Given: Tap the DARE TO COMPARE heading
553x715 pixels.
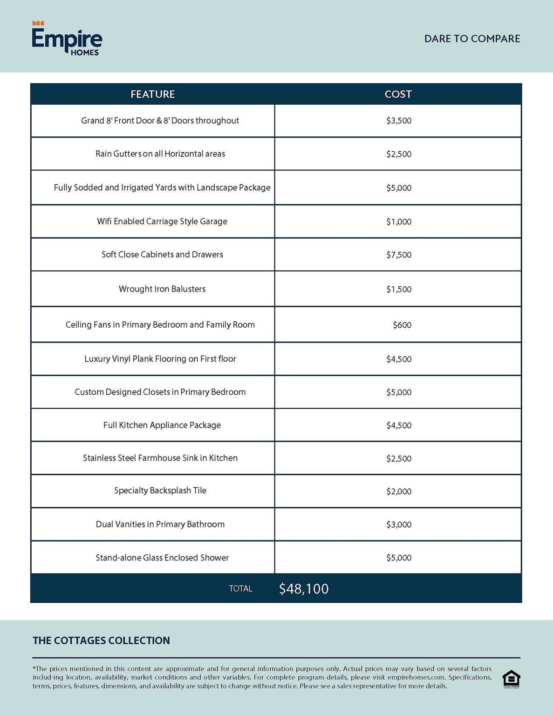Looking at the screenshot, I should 472,39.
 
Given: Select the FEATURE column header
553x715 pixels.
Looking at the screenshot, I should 153,94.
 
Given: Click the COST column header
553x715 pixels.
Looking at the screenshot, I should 398,94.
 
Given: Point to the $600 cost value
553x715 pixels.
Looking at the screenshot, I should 402,325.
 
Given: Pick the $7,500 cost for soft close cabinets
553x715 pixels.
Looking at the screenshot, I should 399,255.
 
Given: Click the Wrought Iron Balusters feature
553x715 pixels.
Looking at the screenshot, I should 162,289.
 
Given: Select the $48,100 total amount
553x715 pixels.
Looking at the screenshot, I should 304,589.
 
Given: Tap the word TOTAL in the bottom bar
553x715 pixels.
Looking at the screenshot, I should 240,589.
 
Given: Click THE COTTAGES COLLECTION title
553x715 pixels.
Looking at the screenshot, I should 101,641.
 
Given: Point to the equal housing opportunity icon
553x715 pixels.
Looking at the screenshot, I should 511,679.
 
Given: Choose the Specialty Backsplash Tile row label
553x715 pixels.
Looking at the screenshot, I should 160,491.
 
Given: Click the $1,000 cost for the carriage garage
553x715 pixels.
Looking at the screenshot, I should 399,222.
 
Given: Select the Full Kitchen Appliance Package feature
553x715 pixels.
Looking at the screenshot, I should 162,425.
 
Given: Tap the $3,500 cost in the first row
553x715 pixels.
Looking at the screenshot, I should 399,121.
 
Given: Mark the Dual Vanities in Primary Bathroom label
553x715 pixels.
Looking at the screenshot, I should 160,524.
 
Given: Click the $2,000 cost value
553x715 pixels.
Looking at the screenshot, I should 399,492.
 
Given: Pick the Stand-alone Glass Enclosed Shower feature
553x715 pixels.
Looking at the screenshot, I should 162,558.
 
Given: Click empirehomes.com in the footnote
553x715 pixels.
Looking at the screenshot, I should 416,677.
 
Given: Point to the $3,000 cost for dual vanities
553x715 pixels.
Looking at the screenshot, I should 399,525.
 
